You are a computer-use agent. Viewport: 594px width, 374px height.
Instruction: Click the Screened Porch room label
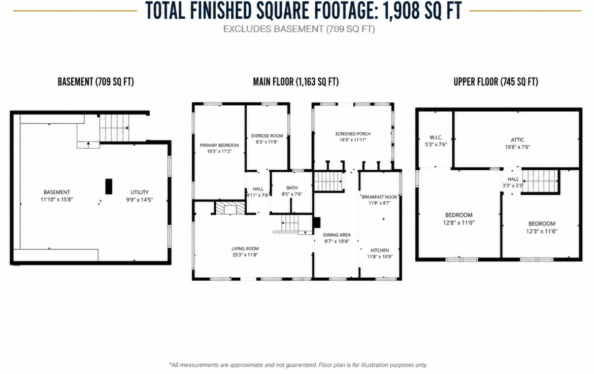pyautogui.click(x=353, y=134)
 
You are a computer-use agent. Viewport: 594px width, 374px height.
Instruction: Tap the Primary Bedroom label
pyautogui.click(x=219, y=145)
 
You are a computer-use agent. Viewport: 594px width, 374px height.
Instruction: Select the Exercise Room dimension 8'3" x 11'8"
pyautogui.click(x=267, y=142)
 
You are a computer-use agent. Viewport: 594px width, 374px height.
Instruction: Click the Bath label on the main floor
pyautogui.click(x=292, y=188)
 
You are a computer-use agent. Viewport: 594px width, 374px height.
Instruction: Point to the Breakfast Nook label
pyautogui.click(x=380, y=197)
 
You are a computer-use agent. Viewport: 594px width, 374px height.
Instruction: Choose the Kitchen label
pyautogui.click(x=380, y=250)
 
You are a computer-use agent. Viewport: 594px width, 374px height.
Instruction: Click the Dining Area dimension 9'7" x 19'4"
pyautogui.click(x=337, y=241)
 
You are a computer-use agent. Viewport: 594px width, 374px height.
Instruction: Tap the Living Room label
pyautogui.click(x=245, y=249)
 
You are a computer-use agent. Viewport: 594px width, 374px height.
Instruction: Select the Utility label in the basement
pyautogui.click(x=140, y=192)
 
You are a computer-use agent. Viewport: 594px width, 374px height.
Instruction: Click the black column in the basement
pyautogui.click(x=109, y=186)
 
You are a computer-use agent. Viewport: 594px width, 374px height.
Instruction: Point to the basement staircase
pyautogui.click(x=114, y=128)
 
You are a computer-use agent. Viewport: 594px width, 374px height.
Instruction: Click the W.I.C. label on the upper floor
pyautogui.click(x=436, y=138)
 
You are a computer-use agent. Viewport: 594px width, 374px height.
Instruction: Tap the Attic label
pyautogui.click(x=517, y=140)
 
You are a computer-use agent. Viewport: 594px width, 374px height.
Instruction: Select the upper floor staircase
pyautogui.click(x=540, y=181)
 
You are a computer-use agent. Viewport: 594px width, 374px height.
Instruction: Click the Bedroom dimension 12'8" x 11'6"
pyautogui.click(x=459, y=223)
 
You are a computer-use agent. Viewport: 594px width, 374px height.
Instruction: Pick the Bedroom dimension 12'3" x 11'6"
pyautogui.click(x=542, y=232)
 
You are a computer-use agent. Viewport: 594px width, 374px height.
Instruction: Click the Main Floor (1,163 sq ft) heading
pyautogui.click(x=296, y=82)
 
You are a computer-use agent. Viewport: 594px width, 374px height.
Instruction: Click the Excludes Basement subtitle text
pyautogui.click(x=299, y=29)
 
